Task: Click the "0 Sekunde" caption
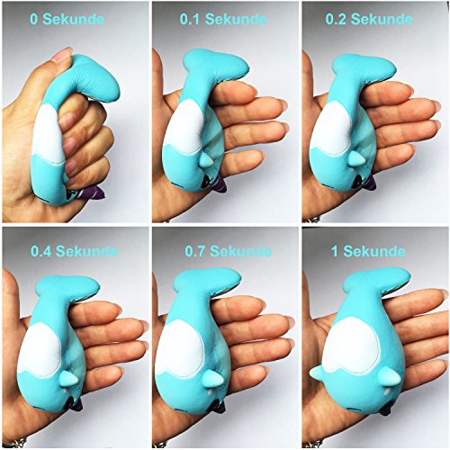pyautogui.click(x=67, y=19)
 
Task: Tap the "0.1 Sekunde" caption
pyautogui.click(x=223, y=19)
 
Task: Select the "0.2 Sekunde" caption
pyautogui.click(x=369, y=19)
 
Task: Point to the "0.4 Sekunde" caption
pyautogui.click(x=74, y=251)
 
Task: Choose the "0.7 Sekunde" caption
pyautogui.click(x=229, y=251)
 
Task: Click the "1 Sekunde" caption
pyautogui.click(x=368, y=251)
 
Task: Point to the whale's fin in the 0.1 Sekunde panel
pyautogui.click(x=206, y=159)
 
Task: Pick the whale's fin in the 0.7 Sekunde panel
pyautogui.click(x=212, y=379)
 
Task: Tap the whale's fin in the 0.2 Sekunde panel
pyautogui.click(x=357, y=158)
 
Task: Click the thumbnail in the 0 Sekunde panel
pyautogui.click(x=62, y=54)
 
